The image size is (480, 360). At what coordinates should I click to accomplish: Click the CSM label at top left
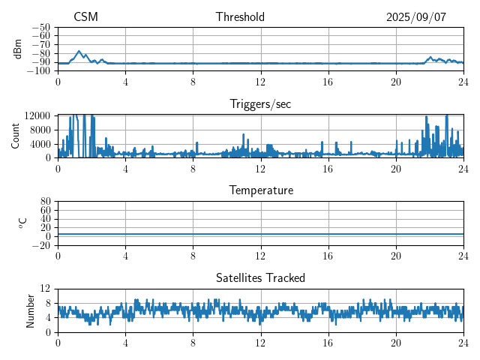(85, 17)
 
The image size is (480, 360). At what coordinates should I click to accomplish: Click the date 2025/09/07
(415, 17)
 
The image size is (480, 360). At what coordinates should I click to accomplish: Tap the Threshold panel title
(240, 17)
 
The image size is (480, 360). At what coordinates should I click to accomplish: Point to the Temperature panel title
(260, 190)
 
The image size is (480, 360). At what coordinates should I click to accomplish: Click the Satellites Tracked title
(260, 277)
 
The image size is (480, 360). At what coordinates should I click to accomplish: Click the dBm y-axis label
(18, 49)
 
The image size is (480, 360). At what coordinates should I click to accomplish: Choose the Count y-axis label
(16, 136)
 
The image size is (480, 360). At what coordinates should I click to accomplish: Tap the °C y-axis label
(22, 223)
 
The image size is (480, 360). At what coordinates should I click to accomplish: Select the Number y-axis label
(30, 310)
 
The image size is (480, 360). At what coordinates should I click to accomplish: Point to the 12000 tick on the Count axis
(37, 116)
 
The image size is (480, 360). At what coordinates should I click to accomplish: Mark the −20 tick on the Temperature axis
(40, 246)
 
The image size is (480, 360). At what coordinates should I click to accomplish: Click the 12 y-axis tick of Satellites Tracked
(46, 289)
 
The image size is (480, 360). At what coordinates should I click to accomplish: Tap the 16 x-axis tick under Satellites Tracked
(328, 342)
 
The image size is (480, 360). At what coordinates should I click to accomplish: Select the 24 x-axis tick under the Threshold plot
(463, 81)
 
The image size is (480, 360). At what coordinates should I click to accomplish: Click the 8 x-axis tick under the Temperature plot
(193, 255)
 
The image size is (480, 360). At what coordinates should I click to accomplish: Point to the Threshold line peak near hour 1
(79, 51)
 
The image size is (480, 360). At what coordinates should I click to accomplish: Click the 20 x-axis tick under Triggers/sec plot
(396, 168)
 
